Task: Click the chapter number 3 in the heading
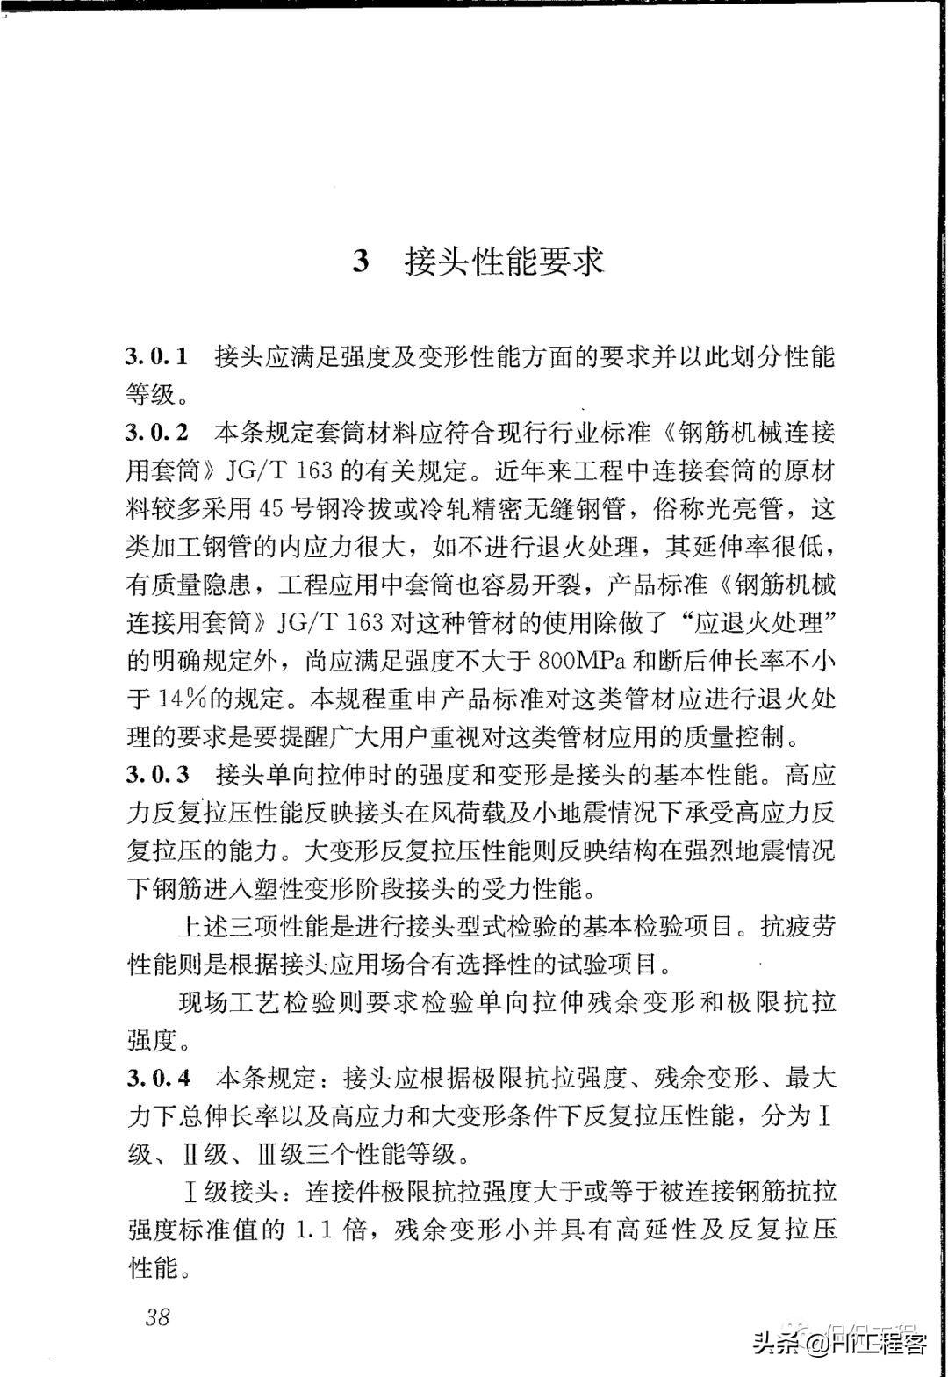tap(361, 262)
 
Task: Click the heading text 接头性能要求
tap(505, 262)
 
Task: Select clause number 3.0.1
tap(158, 356)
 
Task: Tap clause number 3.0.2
tap(158, 433)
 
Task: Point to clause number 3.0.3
tap(158, 775)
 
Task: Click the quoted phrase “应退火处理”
tap(753, 622)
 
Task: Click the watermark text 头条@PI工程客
tap(839, 1343)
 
